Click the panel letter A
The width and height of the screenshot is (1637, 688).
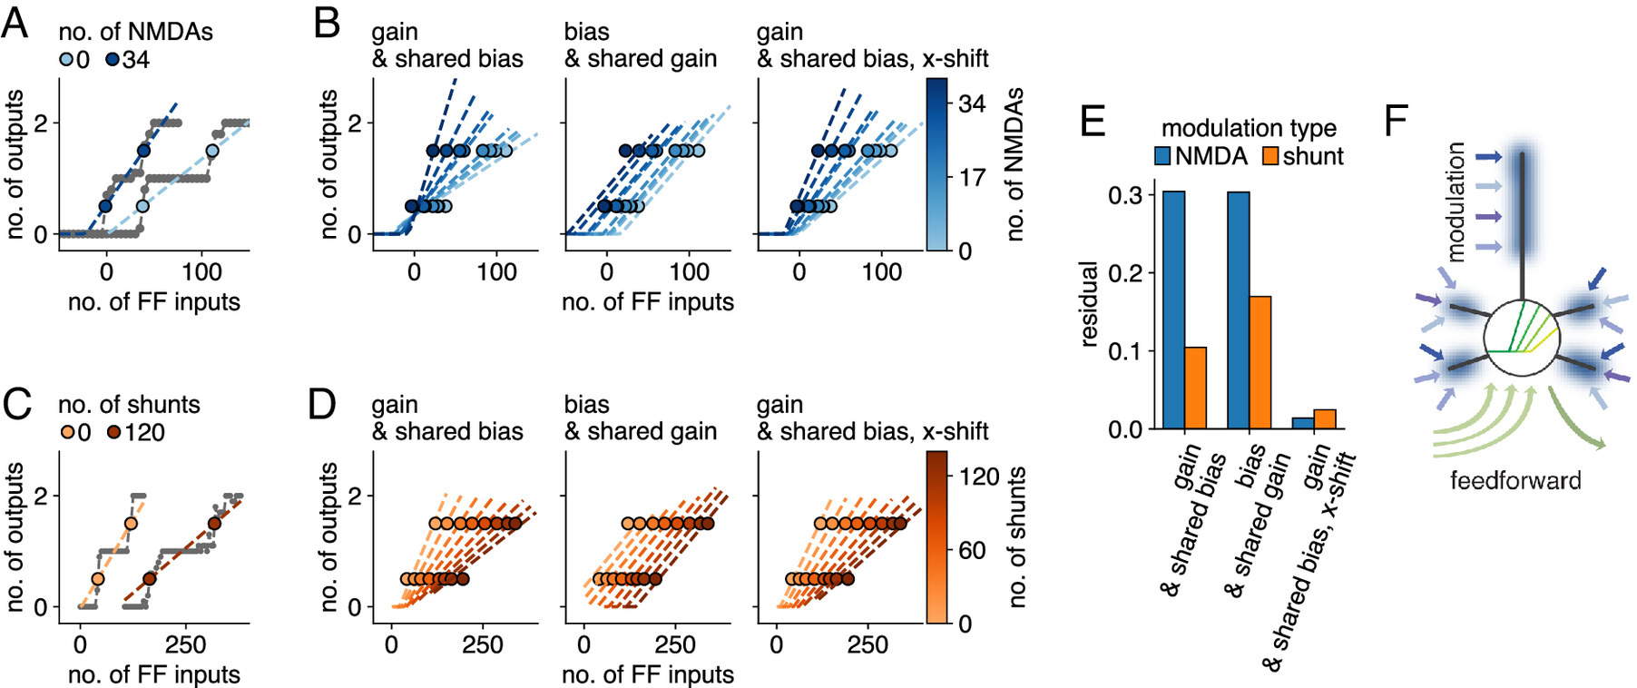[x=15, y=22]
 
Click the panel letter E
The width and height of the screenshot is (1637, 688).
[x=1092, y=120]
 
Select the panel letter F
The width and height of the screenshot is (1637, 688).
[x=1396, y=120]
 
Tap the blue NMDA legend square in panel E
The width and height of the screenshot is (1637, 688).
[x=1162, y=157]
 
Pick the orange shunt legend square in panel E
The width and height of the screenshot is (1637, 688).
[x=1270, y=157]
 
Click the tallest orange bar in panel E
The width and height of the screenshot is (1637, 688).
[x=1260, y=362]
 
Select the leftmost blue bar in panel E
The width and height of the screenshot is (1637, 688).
[x=1173, y=310]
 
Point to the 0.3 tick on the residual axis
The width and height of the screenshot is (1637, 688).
[x=1125, y=195]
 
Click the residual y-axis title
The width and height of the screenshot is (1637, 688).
[x=1090, y=304]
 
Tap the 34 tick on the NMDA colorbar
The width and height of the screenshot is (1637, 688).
[x=972, y=104]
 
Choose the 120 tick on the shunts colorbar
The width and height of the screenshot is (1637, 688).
[x=978, y=477]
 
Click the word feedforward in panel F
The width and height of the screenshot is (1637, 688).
[x=1514, y=480]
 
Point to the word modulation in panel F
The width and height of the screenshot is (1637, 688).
[x=1456, y=201]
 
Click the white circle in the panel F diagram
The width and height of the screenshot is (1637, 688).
[x=1521, y=339]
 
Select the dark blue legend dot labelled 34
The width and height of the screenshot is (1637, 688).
[x=113, y=60]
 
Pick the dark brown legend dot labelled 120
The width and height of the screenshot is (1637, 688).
[x=114, y=433]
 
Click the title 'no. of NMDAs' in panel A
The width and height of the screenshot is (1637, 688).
[x=135, y=32]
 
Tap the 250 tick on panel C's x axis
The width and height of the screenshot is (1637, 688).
[x=185, y=644]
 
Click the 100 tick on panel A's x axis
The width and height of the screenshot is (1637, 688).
[x=201, y=271]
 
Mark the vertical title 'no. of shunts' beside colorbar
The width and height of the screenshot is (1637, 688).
[x=1017, y=536]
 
